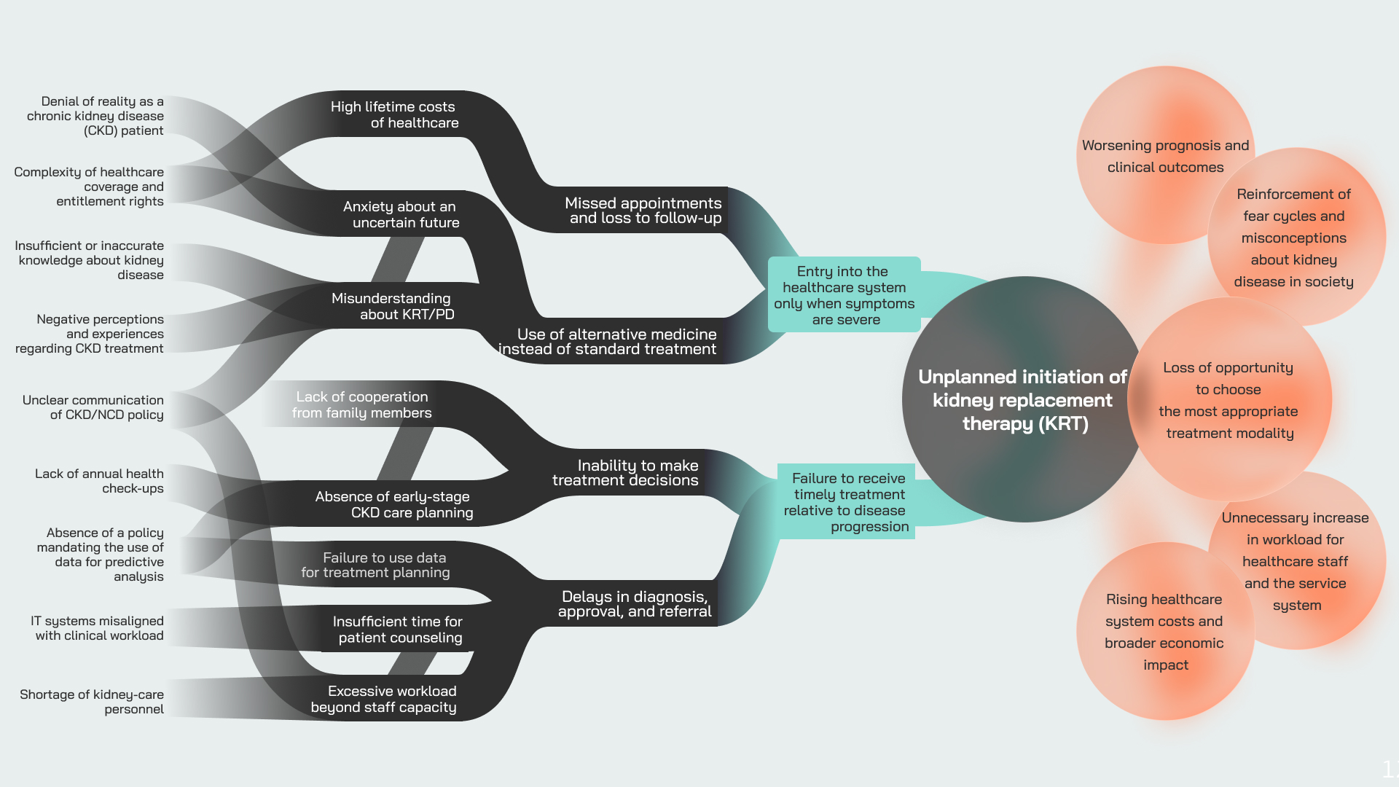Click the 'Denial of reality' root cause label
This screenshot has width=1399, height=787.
click(x=102, y=116)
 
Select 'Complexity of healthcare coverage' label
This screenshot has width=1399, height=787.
click(x=89, y=187)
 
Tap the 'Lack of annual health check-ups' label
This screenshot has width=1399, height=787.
click(x=100, y=481)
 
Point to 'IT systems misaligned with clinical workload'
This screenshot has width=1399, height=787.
click(x=98, y=628)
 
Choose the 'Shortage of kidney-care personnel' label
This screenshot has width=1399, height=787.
click(x=92, y=702)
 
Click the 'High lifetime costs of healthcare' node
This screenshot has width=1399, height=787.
click(x=394, y=114)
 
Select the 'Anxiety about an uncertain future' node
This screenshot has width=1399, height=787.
click(x=401, y=214)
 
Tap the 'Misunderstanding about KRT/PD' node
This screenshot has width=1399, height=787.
click(x=392, y=306)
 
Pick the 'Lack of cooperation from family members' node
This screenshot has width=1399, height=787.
click(x=362, y=404)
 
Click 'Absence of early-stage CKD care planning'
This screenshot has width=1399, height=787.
click(x=393, y=504)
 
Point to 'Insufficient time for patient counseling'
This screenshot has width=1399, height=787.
click(x=398, y=629)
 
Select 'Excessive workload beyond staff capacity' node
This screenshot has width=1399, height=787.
click(x=384, y=699)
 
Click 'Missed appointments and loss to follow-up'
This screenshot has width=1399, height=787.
click(x=643, y=210)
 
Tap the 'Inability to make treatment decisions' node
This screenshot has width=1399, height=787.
click(x=625, y=472)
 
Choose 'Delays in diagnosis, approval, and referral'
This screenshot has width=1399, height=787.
click(x=634, y=603)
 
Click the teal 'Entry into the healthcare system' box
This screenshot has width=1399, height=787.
click(x=844, y=295)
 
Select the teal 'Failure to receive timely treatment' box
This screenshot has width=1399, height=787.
click(x=847, y=502)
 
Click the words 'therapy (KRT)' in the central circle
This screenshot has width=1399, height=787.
click(x=1025, y=423)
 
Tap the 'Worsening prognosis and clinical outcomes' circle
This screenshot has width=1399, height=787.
click(x=1165, y=156)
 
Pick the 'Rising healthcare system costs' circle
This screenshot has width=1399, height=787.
click(x=1164, y=632)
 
